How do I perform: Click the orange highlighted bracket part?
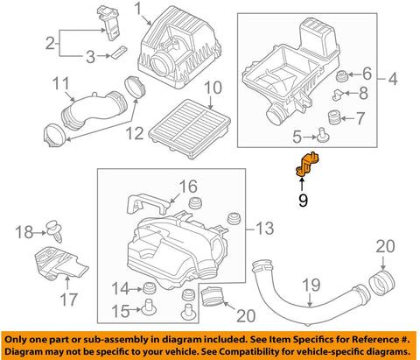[307, 165]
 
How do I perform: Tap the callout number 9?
[303, 201]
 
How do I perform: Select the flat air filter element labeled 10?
[189, 129]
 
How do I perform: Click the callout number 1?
[138, 9]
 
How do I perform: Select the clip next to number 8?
[339, 95]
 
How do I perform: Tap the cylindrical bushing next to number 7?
[333, 117]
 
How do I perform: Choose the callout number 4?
[393, 79]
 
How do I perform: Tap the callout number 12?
[135, 133]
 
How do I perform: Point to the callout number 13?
[264, 229]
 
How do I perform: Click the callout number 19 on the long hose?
[311, 285]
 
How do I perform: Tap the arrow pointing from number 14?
[136, 289]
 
